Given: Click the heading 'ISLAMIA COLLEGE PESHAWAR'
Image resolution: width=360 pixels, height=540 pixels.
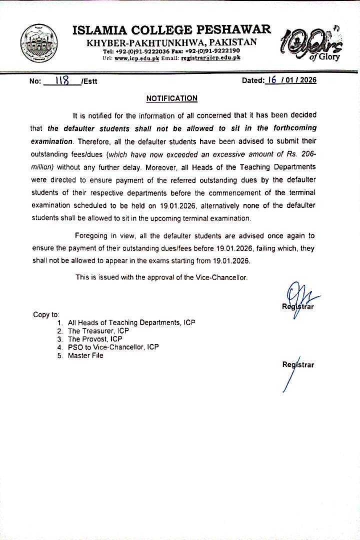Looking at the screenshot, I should coord(172,30).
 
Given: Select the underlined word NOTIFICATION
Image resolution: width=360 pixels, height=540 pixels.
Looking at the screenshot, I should coord(171,98).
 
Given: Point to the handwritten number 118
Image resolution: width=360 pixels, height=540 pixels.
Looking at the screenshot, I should coord(62,81).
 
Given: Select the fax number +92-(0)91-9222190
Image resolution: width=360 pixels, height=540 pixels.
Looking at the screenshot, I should coord(212,51).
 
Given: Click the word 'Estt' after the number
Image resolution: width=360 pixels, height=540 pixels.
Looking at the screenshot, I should coord(90,81).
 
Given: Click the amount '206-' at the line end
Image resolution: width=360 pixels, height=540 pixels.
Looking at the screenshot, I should coord(307,154).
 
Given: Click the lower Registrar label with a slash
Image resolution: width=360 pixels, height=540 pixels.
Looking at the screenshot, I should coord(298,365).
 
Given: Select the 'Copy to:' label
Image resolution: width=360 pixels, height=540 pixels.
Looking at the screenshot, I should coord(46,314).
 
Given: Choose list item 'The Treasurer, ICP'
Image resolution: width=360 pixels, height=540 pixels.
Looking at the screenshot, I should coord(98,331).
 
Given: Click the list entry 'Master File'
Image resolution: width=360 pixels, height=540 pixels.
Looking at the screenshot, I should coord(85,355).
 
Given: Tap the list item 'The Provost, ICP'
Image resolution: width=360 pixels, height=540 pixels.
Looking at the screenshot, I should coord(95,339).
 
